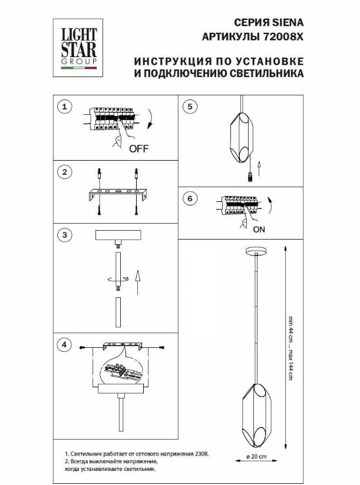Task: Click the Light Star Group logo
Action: click(78, 48)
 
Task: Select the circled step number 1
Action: click(64, 107)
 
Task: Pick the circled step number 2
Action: click(64, 172)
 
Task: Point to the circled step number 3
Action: click(64, 235)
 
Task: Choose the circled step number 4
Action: click(64, 344)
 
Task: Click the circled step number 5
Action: click(190, 107)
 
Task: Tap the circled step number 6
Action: click(190, 198)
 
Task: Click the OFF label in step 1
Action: click(138, 149)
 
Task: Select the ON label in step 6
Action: click(259, 230)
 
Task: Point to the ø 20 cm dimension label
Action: click(256, 457)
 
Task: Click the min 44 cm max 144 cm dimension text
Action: click(290, 348)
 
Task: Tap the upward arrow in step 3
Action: click(137, 283)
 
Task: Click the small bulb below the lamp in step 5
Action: click(250, 177)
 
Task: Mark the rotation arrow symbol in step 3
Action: click(118, 280)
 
